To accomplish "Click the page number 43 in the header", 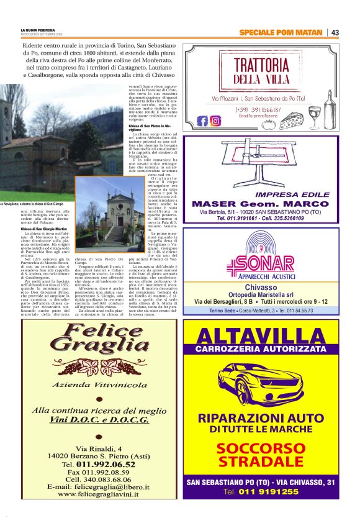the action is click(335, 32).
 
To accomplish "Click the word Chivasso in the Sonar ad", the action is click(261, 288).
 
